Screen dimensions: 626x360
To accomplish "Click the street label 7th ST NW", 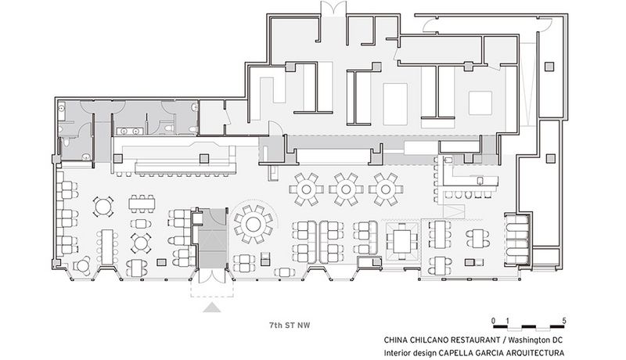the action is (x=290, y=325).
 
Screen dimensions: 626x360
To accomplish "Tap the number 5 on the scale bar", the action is (x=563, y=321).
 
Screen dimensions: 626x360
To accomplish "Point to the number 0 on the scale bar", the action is (x=494, y=321).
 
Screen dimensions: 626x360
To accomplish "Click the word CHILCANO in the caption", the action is (x=428, y=340).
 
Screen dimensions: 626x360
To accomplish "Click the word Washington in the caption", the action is (x=527, y=340).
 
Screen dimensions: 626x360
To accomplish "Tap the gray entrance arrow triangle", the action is (x=212, y=308).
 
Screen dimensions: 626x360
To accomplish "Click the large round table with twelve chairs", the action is (x=253, y=225).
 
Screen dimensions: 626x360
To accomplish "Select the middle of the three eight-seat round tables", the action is (x=346, y=189).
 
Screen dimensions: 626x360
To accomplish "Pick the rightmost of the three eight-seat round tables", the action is (x=386, y=189).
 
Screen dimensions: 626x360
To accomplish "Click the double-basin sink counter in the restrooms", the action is (x=130, y=131).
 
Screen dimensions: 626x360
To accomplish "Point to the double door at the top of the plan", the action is (x=333, y=8).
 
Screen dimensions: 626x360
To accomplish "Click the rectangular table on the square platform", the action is (x=402, y=242).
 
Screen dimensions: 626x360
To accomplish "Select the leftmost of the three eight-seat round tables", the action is (x=306, y=189).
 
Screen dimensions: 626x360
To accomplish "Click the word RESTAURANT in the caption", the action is (x=475, y=340).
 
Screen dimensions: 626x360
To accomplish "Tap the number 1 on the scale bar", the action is (x=507, y=321).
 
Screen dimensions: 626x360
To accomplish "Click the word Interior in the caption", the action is (x=397, y=353).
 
